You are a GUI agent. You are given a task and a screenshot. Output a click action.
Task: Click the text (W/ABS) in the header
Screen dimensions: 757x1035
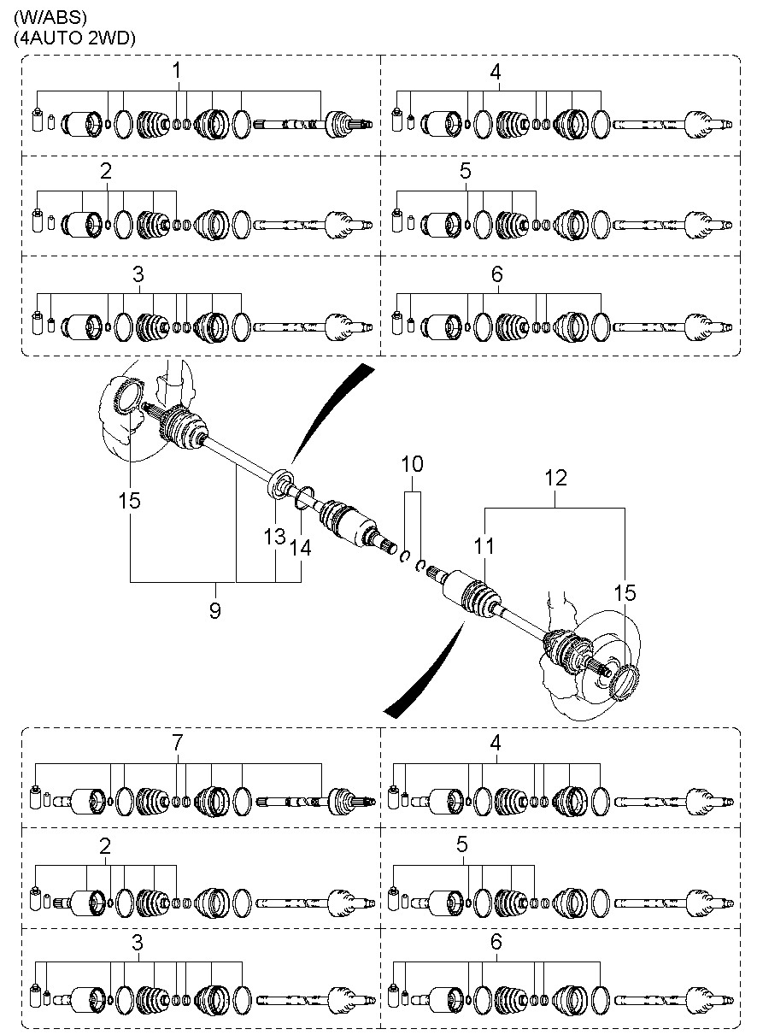pyautogui.click(x=50, y=18)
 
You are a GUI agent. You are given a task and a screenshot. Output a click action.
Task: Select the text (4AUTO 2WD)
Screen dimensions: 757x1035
pyautogui.click(x=74, y=38)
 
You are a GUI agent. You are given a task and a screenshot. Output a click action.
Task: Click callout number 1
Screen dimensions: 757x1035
pyautogui.click(x=176, y=71)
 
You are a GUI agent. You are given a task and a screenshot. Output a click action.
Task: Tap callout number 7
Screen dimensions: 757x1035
pyautogui.click(x=178, y=743)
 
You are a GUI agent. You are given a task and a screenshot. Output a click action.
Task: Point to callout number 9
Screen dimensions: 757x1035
pyautogui.click(x=215, y=611)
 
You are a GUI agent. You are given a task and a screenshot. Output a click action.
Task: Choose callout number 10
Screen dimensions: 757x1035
pyautogui.click(x=413, y=464)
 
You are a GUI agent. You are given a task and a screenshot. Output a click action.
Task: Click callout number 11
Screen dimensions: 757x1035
pyautogui.click(x=484, y=546)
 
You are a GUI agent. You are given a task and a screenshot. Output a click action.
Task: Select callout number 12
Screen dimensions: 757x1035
pyautogui.click(x=555, y=478)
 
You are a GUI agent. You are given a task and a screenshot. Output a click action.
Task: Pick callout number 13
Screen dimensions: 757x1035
pyautogui.click(x=275, y=537)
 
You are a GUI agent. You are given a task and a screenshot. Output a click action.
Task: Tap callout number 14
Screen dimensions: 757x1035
pyautogui.click(x=300, y=548)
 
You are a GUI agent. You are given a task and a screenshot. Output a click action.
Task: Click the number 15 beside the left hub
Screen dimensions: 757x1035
pyautogui.click(x=129, y=500)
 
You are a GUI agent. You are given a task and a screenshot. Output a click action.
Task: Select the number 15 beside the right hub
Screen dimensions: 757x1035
pyautogui.click(x=625, y=593)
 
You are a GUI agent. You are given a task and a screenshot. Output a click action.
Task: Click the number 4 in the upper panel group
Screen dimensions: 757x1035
pyautogui.click(x=495, y=72)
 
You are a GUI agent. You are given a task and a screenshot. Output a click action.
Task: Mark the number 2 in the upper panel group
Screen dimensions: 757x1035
pyautogui.click(x=106, y=172)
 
